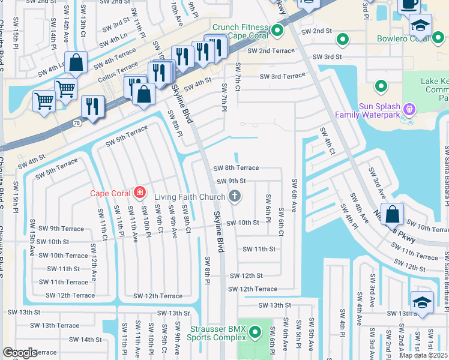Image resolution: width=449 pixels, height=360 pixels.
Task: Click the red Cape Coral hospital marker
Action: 139,193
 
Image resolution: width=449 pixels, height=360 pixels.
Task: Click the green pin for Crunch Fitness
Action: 277,30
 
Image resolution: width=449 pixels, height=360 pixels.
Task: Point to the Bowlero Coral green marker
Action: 343,40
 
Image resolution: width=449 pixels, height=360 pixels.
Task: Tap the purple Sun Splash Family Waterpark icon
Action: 409,109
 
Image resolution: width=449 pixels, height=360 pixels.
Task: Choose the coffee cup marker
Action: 410,5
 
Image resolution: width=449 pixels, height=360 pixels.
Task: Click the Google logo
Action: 20,353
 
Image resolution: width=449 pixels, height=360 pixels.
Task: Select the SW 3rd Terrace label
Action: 282,76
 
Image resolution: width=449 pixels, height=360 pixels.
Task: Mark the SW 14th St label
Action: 82,340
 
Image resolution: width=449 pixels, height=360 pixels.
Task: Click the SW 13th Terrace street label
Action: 54,325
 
